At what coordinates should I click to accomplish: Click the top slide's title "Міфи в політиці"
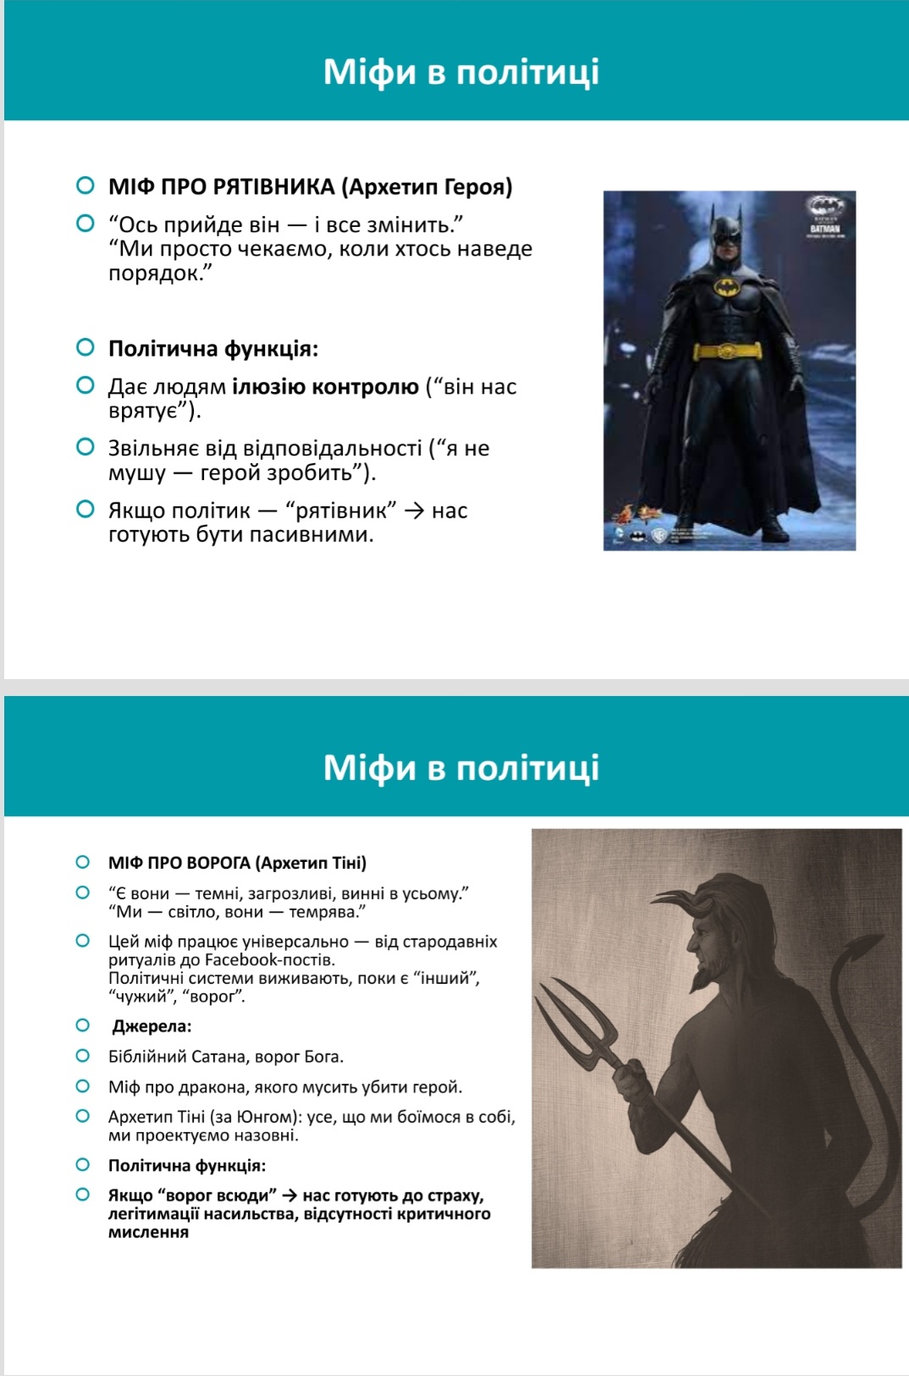click(461, 72)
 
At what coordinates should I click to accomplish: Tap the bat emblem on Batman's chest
click(727, 287)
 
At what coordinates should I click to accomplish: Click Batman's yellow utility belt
click(727, 351)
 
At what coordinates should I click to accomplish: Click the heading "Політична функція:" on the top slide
click(213, 349)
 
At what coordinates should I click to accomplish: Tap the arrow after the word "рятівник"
click(414, 511)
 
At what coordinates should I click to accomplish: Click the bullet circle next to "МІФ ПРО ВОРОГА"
click(83, 862)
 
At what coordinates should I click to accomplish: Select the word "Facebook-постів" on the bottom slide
click(270, 960)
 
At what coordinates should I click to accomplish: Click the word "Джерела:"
click(152, 1026)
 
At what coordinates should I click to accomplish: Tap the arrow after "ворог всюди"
click(289, 1196)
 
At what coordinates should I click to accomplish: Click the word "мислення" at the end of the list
click(149, 1232)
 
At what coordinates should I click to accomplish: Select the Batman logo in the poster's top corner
click(825, 206)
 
